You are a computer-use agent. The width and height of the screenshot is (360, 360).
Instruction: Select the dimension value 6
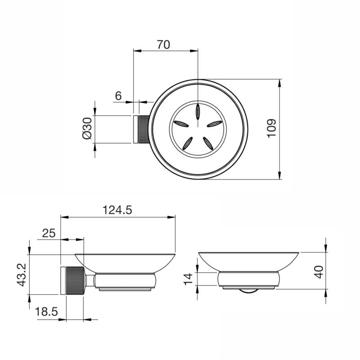[x=118, y=95]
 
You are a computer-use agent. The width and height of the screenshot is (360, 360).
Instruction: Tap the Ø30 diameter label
[x=86, y=130]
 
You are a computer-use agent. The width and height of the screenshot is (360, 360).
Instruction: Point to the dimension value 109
[x=271, y=129]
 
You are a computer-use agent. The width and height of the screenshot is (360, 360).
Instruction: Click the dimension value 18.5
[x=46, y=311]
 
